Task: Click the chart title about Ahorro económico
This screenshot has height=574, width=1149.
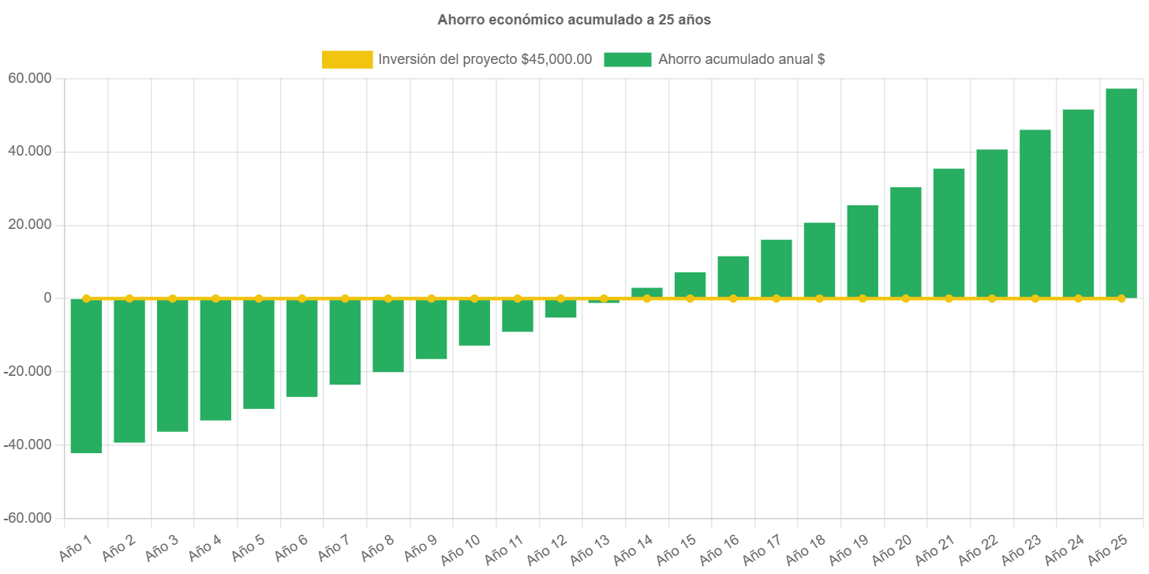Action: tap(574, 21)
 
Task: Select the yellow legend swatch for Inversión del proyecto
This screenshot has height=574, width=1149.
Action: tap(347, 59)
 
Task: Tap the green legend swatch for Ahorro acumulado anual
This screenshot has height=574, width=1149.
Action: tap(627, 59)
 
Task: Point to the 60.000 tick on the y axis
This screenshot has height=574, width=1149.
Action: tap(29, 78)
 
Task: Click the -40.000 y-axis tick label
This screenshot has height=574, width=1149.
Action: tap(28, 445)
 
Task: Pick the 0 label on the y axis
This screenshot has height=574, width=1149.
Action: tap(47, 298)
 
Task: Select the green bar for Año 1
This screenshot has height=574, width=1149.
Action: tap(86, 376)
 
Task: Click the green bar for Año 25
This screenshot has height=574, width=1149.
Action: tap(1121, 193)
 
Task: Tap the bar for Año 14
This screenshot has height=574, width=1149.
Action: tap(647, 292)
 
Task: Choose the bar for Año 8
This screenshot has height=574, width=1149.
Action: tap(388, 336)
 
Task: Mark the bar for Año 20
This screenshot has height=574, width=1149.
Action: tap(905, 242)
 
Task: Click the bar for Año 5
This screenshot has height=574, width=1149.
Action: tap(259, 354)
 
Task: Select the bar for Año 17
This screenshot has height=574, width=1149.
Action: tap(776, 268)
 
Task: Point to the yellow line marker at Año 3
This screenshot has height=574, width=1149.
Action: tap(172, 298)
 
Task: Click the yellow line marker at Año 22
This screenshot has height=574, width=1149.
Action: tap(992, 298)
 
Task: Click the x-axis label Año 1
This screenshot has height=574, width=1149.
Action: tap(77, 546)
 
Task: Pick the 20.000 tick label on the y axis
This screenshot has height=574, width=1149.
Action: tap(29, 224)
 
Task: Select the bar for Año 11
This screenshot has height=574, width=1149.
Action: tap(518, 316)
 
